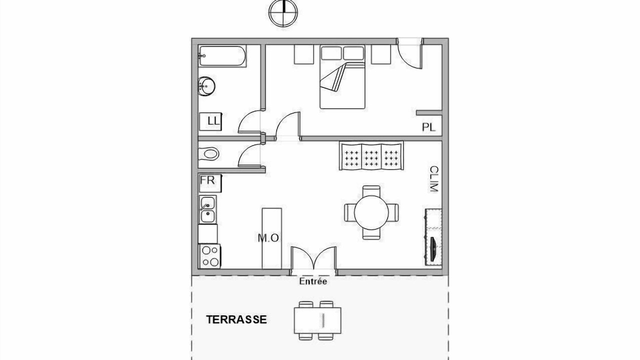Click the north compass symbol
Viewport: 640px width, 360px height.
[x=283, y=13]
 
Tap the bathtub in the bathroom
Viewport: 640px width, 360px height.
[x=222, y=56]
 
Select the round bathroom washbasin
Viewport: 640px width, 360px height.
[x=206, y=85]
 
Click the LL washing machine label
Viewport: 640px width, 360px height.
[x=214, y=121]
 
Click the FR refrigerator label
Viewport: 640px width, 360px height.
[x=207, y=180]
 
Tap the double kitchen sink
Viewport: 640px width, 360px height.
[x=207, y=209]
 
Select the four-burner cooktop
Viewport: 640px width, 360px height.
[x=210, y=256]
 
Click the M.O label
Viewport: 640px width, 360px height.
[x=268, y=238]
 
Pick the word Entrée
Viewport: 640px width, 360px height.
[x=313, y=281]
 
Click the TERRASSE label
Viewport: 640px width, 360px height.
[x=236, y=319]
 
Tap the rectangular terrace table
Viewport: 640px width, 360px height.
[x=317, y=320]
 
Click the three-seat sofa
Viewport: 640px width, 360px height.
[x=371, y=155]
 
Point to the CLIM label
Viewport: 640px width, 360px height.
[x=434, y=179]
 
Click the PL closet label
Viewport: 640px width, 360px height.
[x=429, y=127]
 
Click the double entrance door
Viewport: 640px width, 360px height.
[x=313, y=259]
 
